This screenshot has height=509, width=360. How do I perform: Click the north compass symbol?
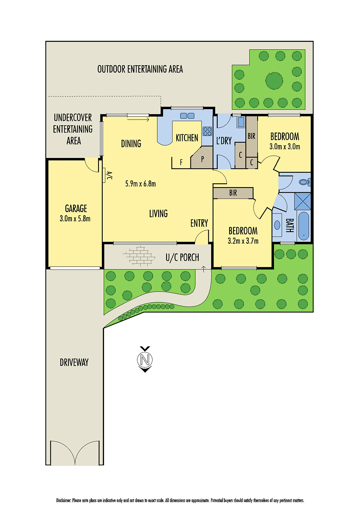145,359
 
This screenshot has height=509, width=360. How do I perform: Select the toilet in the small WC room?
304,182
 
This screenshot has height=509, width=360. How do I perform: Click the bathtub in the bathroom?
303,226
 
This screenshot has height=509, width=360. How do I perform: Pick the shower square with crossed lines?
302,201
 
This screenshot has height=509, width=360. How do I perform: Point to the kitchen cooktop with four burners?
207,131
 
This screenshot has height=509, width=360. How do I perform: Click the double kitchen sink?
187,116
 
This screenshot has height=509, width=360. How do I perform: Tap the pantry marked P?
202,159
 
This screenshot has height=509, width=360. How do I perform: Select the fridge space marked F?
181,162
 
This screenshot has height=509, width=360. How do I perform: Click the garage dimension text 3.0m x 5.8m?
75,219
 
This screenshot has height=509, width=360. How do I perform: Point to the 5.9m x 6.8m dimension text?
140,184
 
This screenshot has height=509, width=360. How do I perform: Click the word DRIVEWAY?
74,362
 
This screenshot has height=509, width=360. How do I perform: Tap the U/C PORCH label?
182,257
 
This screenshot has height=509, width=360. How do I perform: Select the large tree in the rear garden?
274,80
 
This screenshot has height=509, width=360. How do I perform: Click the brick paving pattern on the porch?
139,256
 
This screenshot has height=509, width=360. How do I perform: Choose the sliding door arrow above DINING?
138,120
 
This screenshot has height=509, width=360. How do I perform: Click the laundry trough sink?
241,122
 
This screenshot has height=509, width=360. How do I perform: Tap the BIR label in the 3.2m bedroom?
233,193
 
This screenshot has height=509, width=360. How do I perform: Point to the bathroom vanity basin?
277,225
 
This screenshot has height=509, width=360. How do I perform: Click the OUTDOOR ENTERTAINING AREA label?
140,69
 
